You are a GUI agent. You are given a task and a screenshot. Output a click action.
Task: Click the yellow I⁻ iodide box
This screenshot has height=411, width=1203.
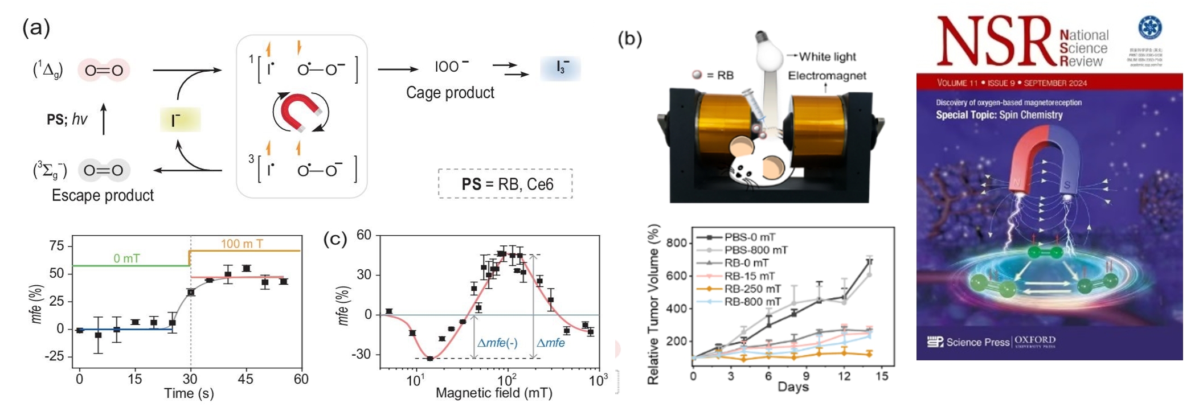(x=180, y=120)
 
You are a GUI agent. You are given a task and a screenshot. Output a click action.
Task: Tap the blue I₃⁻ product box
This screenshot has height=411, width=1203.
(x=560, y=68)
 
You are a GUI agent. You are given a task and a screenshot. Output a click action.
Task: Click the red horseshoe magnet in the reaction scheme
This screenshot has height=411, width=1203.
(x=300, y=112)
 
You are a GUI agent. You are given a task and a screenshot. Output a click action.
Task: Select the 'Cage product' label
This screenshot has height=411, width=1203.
(x=450, y=93)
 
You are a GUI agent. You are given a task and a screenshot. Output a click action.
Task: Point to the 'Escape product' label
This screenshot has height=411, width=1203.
(x=103, y=195)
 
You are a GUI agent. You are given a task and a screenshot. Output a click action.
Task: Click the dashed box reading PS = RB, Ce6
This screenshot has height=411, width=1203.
(x=505, y=184)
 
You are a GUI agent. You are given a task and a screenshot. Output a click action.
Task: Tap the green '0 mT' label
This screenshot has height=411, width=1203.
(x=126, y=258)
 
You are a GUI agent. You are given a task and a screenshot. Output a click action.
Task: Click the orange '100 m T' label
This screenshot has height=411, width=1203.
(x=242, y=244)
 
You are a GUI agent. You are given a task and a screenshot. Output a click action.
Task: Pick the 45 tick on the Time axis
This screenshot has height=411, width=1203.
(x=246, y=379)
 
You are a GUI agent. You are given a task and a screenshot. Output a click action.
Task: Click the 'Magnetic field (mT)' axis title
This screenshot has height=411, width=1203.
(x=493, y=393)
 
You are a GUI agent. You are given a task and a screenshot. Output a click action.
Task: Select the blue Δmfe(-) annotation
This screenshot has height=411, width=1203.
(x=497, y=343)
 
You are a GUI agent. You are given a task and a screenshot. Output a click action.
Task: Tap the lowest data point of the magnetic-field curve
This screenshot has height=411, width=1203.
(x=430, y=359)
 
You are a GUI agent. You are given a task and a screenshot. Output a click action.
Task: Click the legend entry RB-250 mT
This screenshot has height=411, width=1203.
(x=752, y=289)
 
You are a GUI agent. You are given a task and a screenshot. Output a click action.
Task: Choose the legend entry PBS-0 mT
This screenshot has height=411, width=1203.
(x=750, y=237)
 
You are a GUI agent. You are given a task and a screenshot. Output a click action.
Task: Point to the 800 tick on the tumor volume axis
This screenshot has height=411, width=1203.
(x=677, y=243)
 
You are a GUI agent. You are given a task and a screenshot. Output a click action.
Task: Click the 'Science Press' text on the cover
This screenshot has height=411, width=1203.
(x=977, y=342)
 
